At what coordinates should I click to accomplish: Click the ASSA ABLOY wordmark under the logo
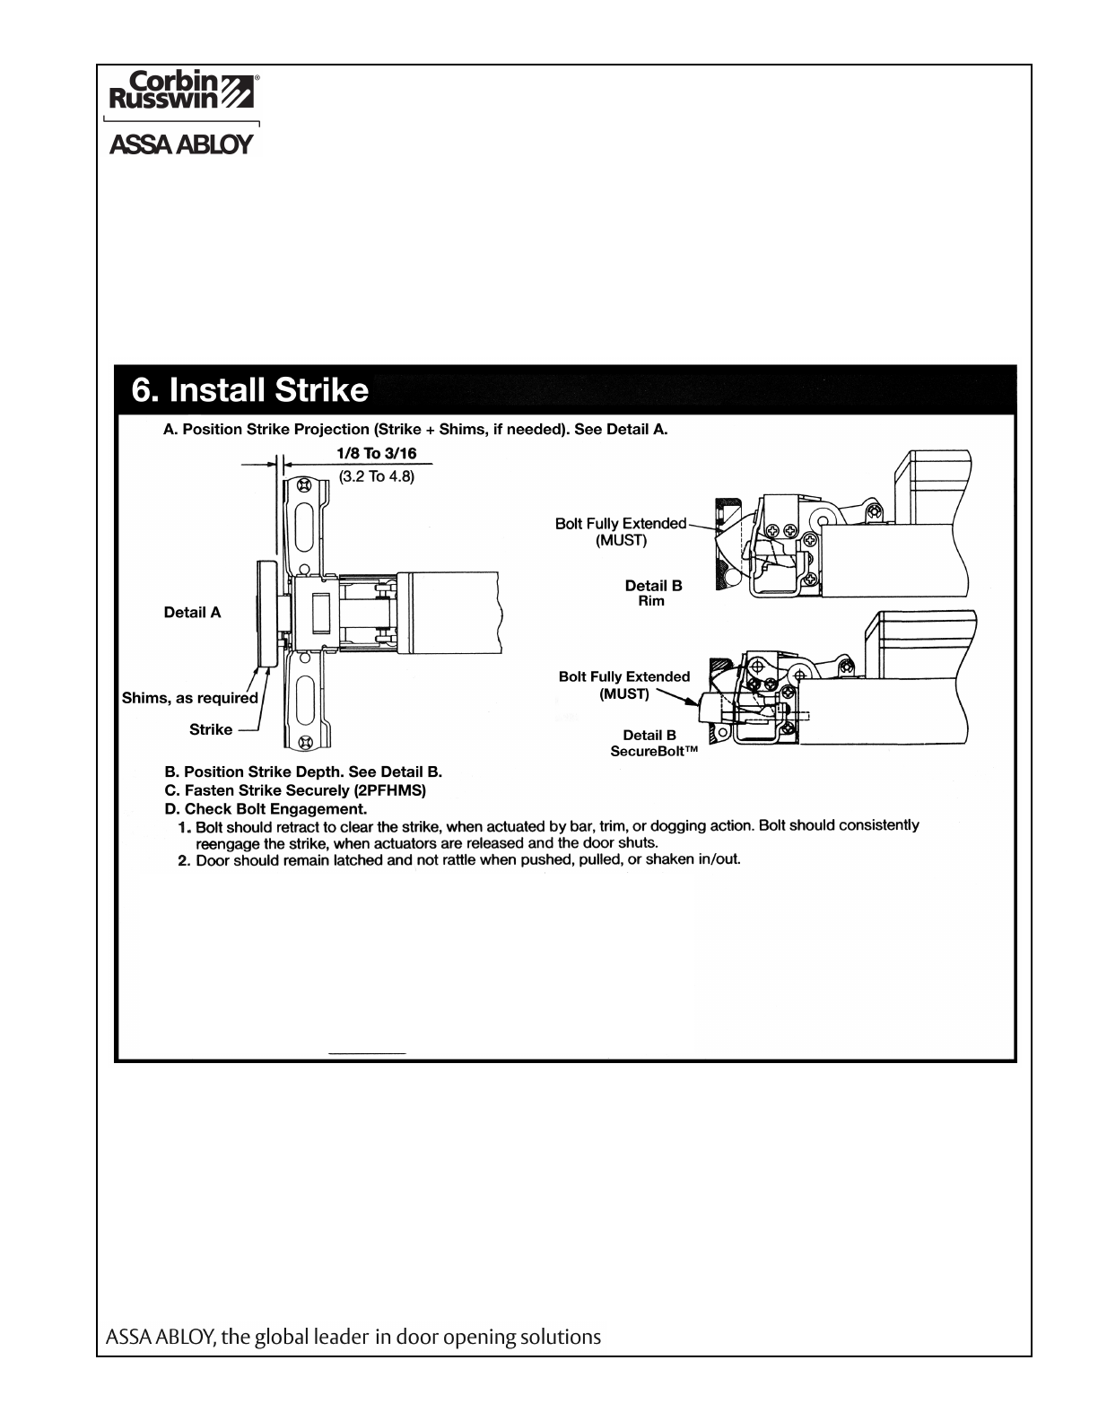[181, 145]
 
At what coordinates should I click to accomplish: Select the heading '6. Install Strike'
[250, 390]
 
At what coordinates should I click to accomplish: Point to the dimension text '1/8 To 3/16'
[376, 454]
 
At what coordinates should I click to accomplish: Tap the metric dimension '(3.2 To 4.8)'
[376, 476]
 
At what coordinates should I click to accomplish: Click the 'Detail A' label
[192, 613]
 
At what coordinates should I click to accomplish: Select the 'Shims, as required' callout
[190, 698]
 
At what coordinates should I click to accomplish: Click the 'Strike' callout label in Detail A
[211, 729]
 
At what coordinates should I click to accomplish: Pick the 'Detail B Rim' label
[653, 593]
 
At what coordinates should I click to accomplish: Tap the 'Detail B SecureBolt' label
[653, 742]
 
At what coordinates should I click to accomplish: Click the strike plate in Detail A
[266, 614]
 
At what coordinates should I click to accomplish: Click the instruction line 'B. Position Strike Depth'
[302, 772]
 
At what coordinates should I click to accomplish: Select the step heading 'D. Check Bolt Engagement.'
[266, 808]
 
